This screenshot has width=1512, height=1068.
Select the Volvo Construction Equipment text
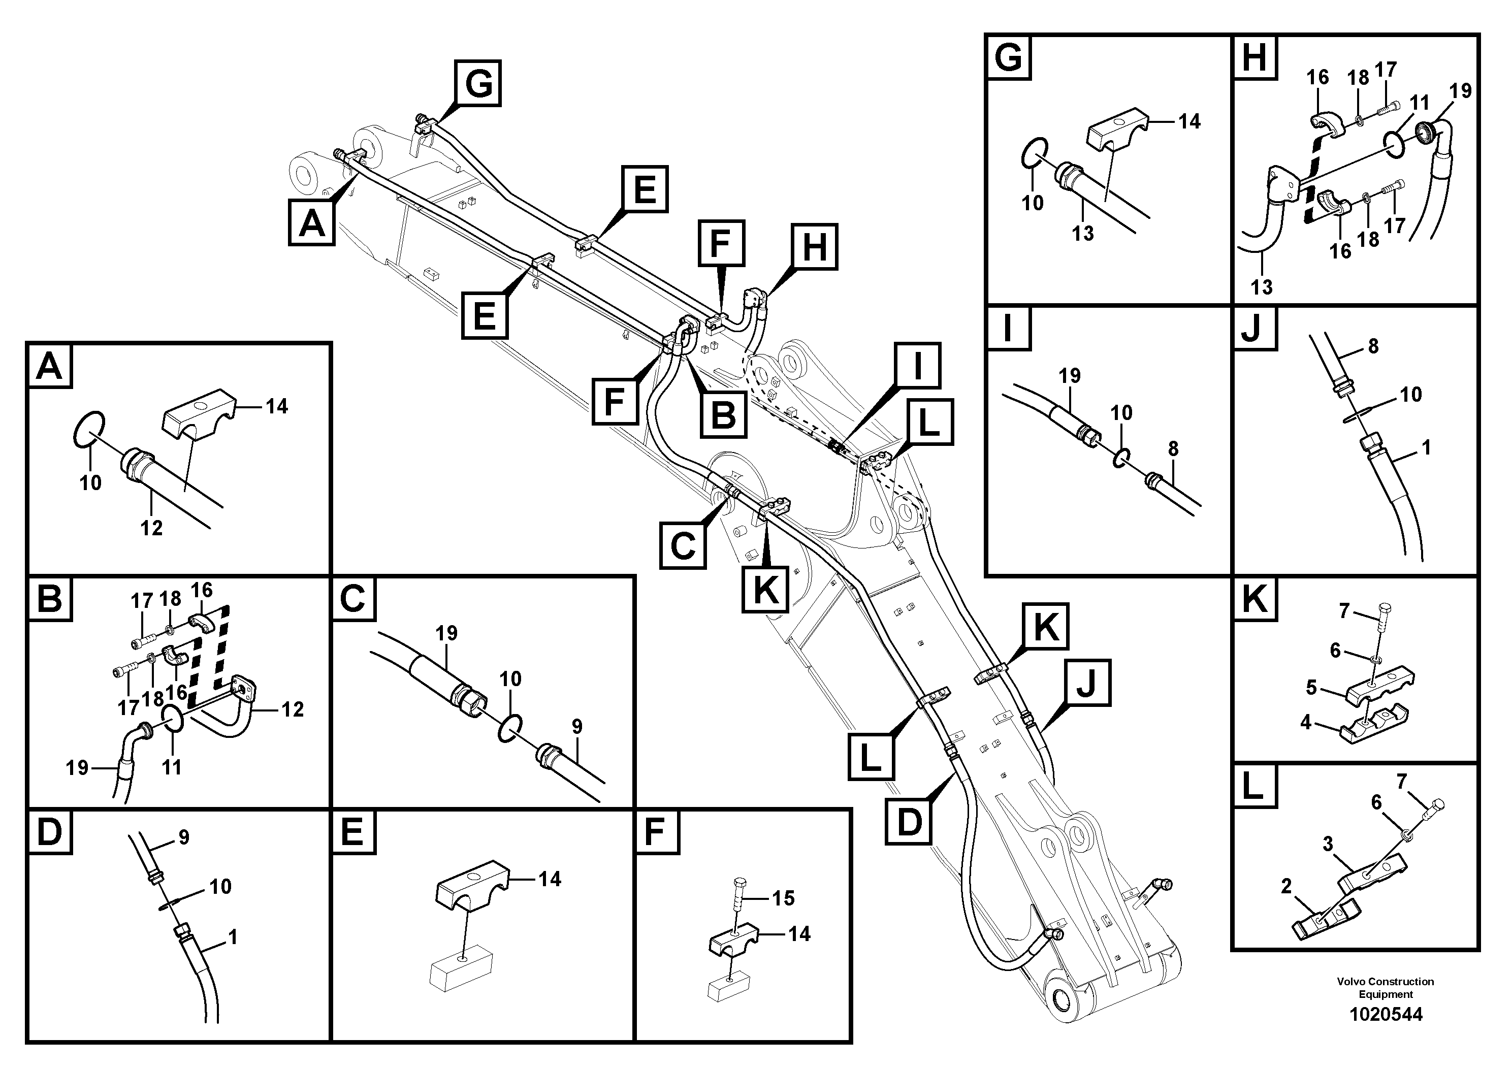click(1386, 988)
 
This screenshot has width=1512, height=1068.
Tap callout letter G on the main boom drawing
click(478, 84)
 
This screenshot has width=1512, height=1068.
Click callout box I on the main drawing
click(917, 366)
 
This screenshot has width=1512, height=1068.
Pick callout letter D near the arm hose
click(909, 822)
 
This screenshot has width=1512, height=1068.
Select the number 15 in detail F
click(783, 898)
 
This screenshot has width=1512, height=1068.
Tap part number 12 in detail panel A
click(151, 528)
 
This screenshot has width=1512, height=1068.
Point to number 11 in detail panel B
click(172, 767)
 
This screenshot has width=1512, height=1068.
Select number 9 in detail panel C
click(577, 726)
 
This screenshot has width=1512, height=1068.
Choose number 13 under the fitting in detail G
click(1083, 233)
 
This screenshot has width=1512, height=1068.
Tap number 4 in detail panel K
click(1306, 723)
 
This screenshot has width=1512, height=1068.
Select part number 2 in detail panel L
click(1286, 886)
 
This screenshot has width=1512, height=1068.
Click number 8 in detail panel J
click(1373, 346)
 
